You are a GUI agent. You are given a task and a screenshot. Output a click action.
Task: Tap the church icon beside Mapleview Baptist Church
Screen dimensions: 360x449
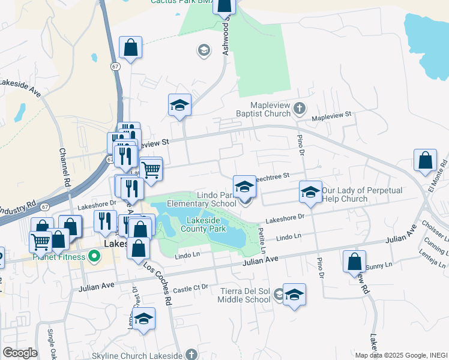pos(300,109)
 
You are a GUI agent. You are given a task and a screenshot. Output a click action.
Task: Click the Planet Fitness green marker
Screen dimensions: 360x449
pos(94,257)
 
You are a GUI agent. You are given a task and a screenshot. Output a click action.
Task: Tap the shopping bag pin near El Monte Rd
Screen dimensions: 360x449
pos(426,161)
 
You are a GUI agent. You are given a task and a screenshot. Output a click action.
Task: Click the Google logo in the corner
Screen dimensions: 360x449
pos(20,353)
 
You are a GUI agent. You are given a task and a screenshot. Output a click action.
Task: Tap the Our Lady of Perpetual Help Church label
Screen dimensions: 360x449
pos(361,194)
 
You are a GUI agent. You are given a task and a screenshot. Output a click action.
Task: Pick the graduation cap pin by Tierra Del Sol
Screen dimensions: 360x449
pos(294,295)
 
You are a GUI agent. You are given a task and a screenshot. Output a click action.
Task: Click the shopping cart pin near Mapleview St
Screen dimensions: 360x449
pos(151,169)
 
